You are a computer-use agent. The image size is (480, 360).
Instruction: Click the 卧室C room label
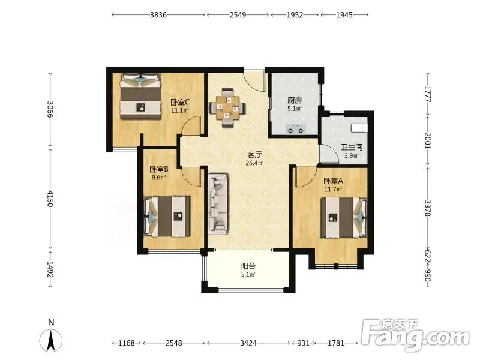(180, 102)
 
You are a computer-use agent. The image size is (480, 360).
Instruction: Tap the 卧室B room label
(159, 169)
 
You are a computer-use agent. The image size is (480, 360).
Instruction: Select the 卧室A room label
(333, 181)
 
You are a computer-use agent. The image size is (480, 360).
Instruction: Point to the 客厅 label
(254, 155)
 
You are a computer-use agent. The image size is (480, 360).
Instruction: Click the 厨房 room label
(295, 100)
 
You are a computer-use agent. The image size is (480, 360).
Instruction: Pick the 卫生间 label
(352, 147)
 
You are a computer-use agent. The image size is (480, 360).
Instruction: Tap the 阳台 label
(248, 266)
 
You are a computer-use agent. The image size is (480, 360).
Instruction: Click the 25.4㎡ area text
(254, 163)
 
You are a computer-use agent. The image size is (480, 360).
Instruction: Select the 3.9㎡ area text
(352, 155)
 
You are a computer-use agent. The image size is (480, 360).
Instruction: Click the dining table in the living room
(227, 108)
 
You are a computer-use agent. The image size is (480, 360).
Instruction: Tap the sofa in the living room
(218, 204)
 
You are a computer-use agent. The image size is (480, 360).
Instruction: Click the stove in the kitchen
(295, 129)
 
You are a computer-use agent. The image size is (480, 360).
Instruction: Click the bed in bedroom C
(140, 96)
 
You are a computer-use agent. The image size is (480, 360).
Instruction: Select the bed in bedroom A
(344, 217)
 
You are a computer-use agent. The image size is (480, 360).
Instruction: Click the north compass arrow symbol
(51, 340)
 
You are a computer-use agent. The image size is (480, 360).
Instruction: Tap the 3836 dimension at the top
(158, 14)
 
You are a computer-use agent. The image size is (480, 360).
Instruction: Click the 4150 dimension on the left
(50, 199)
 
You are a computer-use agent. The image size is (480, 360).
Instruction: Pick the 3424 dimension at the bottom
(248, 343)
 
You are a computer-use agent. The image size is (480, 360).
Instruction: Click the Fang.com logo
(415, 335)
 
